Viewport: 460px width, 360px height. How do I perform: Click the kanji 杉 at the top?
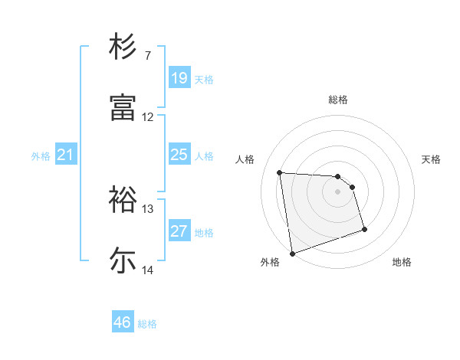[123, 47]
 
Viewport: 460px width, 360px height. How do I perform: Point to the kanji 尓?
[123, 260]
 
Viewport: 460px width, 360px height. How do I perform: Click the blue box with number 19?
[179, 78]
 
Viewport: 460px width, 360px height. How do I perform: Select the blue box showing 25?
[179, 155]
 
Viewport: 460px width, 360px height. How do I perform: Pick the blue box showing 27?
[179, 231]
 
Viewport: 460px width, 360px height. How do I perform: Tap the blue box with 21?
[65, 155]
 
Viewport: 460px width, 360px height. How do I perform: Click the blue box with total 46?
[122, 322]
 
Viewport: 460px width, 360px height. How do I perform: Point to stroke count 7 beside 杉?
[148, 56]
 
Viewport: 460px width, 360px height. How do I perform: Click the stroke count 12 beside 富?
[148, 117]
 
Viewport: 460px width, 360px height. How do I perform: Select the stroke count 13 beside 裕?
[148, 208]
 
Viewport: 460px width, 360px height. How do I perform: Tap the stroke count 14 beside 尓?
[148, 270]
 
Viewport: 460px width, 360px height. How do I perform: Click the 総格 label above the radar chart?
[338, 100]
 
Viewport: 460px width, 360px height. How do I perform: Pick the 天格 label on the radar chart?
[432, 159]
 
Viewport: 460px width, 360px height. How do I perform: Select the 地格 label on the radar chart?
[402, 262]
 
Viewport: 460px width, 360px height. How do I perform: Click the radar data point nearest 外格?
[292, 253]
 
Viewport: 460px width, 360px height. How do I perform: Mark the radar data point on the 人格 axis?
[280, 172]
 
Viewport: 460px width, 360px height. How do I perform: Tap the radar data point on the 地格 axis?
[364, 229]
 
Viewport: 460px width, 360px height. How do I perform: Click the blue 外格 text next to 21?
[41, 156]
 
